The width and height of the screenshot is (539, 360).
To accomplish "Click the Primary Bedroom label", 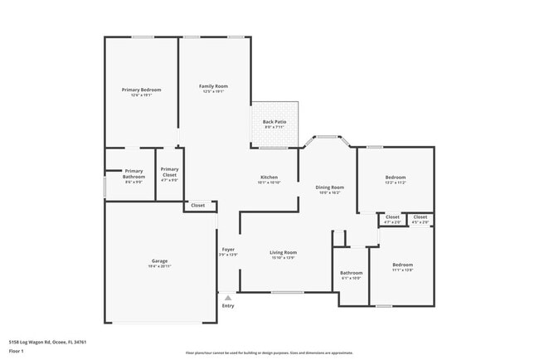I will (141, 90).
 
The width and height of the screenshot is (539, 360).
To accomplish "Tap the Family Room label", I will (213, 86).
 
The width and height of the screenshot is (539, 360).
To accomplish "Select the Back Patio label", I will (274, 123).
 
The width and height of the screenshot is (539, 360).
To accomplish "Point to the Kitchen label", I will (269, 178).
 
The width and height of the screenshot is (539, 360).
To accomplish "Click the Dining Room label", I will (329, 187).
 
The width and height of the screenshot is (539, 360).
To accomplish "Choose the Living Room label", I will (283, 252).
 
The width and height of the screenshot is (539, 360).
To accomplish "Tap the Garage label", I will (160, 261).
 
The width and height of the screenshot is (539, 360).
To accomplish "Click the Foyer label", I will (228, 250).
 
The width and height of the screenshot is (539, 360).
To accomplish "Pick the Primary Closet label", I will (169, 173).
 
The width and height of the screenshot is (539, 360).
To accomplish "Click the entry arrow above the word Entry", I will (228, 297).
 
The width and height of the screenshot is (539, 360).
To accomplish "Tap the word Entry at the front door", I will (228, 306).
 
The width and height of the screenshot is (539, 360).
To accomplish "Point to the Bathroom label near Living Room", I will (352, 273).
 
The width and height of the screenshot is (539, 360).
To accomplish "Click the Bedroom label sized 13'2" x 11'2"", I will (395, 178).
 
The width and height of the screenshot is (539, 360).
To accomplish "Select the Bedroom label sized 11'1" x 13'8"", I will (402, 265).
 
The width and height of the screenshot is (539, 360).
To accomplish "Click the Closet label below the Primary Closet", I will (198, 205).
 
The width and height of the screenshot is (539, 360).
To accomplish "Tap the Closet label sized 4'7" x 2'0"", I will (392, 217).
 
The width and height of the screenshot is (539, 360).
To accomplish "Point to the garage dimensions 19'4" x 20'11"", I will (160, 266).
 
